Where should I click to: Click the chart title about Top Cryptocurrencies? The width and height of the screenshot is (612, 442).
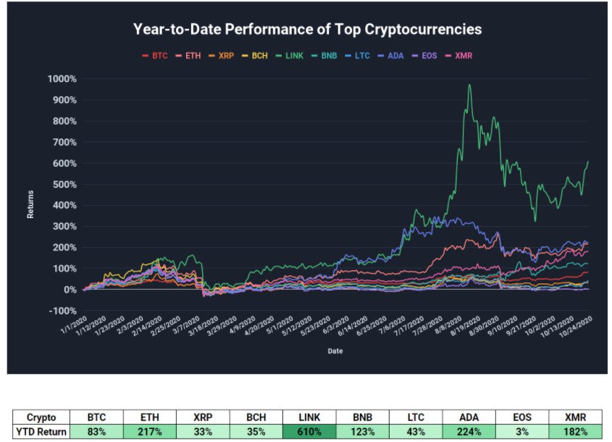click(307, 30)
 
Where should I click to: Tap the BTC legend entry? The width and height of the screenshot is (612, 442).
click(155, 55)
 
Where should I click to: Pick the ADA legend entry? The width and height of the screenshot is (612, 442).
click(392, 55)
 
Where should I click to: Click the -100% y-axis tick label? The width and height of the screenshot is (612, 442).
click(62, 311)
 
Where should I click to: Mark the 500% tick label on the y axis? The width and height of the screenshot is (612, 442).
click(63, 184)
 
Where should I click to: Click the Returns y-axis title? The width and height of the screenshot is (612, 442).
click(30, 205)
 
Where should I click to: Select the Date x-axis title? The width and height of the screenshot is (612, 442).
click(334, 351)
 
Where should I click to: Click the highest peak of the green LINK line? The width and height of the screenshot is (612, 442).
click(469, 85)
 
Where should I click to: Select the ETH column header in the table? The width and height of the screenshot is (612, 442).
click(148, 418)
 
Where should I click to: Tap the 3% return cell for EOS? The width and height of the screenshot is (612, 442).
click(522, 433)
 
